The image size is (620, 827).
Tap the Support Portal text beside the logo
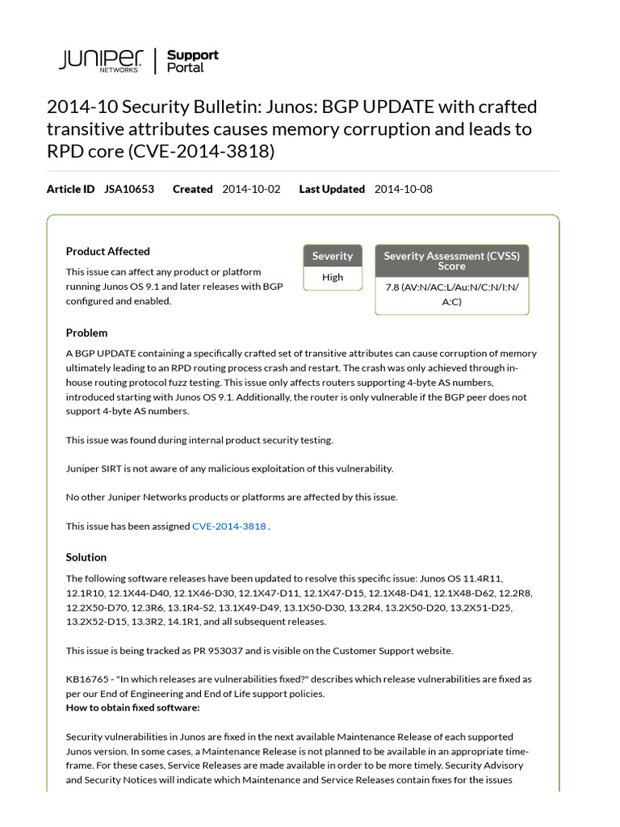pyautogui.click(x=192, y=61)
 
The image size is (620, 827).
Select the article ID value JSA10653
pyautogui.click(x=129, y=189)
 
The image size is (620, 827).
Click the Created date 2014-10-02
pyautogui.click(x=251, y=189)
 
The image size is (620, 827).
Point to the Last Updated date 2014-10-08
pyautogui.click(x=404, y=189)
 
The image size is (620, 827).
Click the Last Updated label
pyautogui.click(x=332, y=189)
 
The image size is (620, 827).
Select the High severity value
pyautogui.click(x=333, y=277)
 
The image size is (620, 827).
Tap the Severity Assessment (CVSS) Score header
pyautogui.click(x=451, y=260)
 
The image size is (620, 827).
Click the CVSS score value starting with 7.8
pyautogui.click(x=451, y=295)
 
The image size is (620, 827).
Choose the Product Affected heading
pyautogui.click(x=107, y=251)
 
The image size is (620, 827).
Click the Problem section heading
pyautogui.click(x=86, y=333)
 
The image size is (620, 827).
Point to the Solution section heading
pyautogui.click(x=86, y=557)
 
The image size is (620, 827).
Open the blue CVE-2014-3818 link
pyautogui.click(x=229, y=526)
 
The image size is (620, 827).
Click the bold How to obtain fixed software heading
pyautogui.click(x=132, y=707)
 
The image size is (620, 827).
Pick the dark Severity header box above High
pyautogui.click(x=333, y=256)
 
